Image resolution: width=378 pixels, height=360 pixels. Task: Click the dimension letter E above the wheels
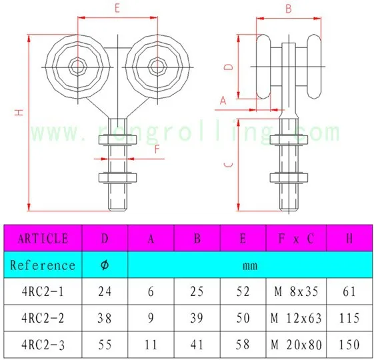pos(117,9)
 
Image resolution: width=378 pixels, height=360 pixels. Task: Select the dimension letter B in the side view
pos(289,9)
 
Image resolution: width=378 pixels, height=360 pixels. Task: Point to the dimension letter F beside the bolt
pos(157,149)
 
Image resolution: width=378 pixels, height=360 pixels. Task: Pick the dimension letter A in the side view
pos(223,100)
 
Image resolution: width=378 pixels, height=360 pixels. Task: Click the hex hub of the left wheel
pos(77,67)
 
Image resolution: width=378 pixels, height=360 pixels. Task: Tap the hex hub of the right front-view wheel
pos(157,67)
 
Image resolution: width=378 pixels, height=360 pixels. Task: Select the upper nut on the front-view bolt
pos(117,140)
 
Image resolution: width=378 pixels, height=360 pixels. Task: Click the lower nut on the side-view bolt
pos(289,177)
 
